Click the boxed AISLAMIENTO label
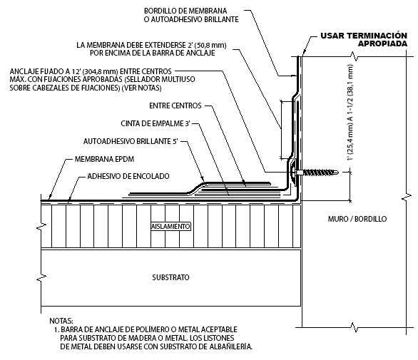170,227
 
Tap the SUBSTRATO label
170,277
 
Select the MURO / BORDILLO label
357,219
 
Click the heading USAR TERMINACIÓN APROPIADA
364,39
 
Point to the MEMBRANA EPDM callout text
104,159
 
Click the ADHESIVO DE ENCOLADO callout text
128,176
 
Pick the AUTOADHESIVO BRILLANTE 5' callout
131,141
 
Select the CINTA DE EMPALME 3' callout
156,123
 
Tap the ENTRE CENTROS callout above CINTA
175,106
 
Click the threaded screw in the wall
317,173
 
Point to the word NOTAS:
61,321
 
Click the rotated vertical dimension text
350,112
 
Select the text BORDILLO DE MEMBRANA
185,11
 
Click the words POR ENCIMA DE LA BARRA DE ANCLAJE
152,53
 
